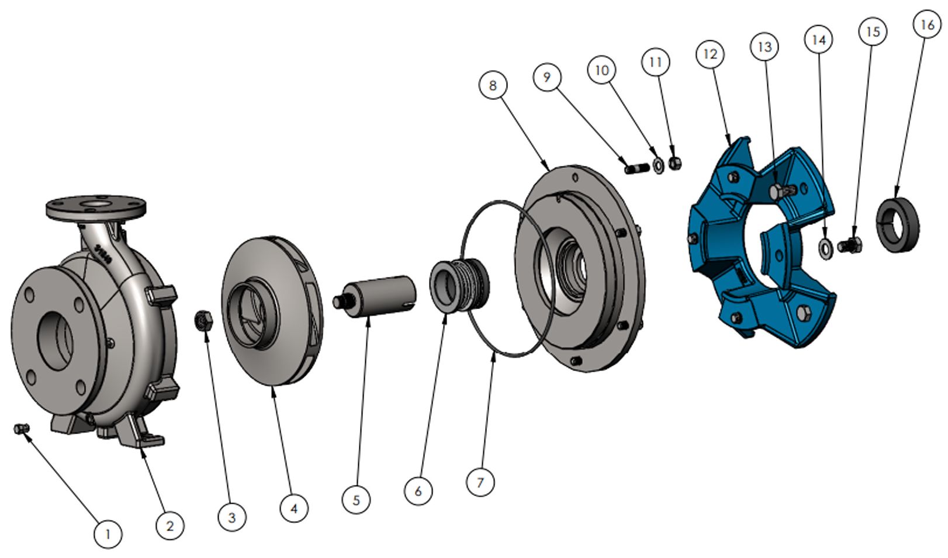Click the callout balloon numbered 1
click(x=108, y=535)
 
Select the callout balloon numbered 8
click(x=493, y=86)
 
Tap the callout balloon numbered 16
click(x=927, y=25)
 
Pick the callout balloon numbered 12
click(x=711, y=54)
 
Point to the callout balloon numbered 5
click(x=356, y=500)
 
